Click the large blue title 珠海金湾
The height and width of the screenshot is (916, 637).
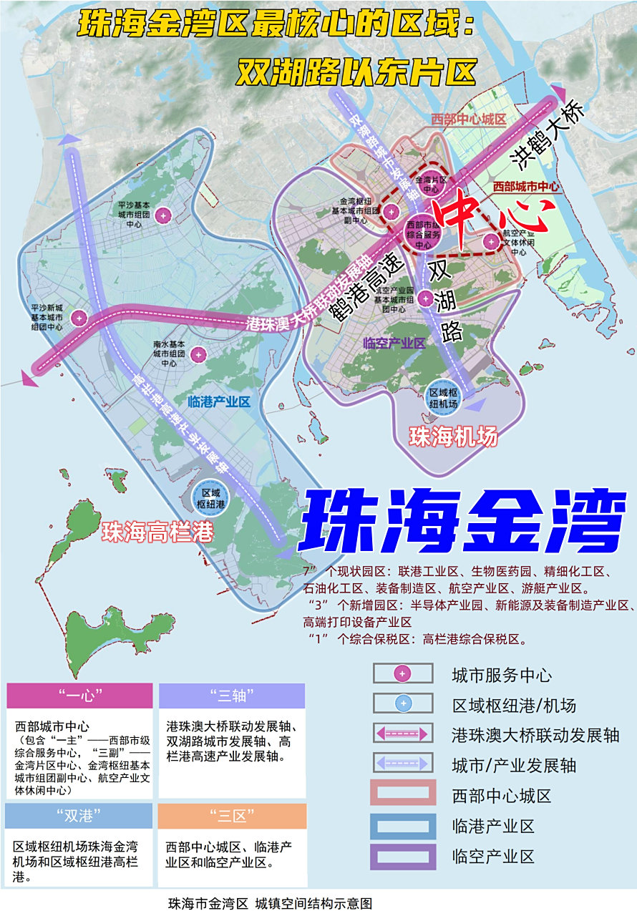[462, 521]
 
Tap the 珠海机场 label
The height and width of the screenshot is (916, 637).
[452, 437]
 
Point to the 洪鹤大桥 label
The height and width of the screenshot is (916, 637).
[548, 136]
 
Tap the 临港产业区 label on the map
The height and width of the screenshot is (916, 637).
[218, 402]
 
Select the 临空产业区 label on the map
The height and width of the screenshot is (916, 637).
[394, 343]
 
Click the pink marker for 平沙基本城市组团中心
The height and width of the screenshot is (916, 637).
[164, 214]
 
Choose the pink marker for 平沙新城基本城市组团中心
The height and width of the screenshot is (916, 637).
[79, 318]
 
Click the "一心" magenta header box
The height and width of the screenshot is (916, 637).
[79, 695]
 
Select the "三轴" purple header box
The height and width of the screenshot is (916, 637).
[231, 695]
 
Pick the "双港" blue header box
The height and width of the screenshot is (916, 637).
[79, 816]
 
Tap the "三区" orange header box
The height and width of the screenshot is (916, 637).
[231, 816]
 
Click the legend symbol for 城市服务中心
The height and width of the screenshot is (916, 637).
[403, 673]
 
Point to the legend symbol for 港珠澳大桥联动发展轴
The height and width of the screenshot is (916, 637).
[403, 734]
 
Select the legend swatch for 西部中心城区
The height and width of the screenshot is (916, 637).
[403, 794]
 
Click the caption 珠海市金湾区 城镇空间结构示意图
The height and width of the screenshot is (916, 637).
[270, 904]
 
